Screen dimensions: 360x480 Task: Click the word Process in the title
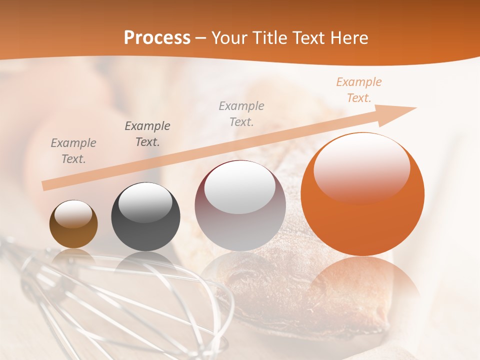(x=157, y=38)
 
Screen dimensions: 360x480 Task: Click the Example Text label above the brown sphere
(x=73, y=151)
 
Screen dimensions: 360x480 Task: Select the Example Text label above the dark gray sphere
(x=147, y=133)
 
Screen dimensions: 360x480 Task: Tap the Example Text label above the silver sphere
(x=241, y=113)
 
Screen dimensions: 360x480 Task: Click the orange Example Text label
(x=359, y=90)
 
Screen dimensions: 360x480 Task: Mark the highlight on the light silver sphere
(x=240, y=187)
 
